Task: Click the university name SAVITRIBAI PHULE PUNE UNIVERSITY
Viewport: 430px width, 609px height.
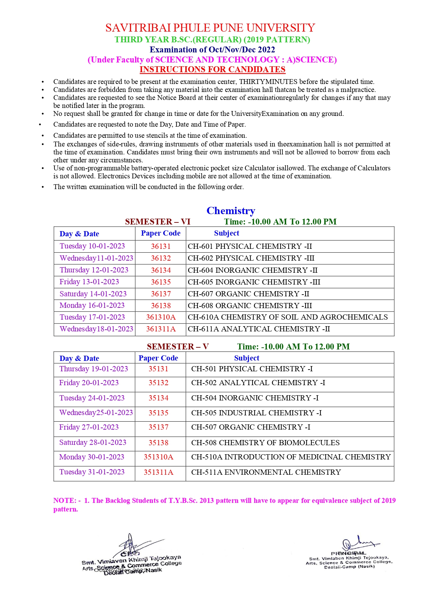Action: click(210, 28)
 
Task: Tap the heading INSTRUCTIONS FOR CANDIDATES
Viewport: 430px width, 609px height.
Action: click(212, 69)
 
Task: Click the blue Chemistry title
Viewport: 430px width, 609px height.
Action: click(231, 211)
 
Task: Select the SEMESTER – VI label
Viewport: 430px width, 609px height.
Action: click(158, 222)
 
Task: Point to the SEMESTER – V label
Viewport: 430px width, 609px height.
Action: click(178, 347)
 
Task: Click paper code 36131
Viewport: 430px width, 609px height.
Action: click(161, 246)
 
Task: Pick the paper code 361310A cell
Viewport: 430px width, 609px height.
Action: click(161, 317)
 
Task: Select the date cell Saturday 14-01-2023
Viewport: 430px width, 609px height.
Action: click(93, 294)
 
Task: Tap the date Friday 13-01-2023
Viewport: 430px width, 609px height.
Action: click(89, 282)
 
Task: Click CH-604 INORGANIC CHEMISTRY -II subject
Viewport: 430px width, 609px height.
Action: click(253, 270)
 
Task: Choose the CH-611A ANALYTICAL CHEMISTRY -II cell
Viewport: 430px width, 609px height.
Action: click(259, 329)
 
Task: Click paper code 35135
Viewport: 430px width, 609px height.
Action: click(158, 413)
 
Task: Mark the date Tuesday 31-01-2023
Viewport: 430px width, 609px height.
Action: click(92, 472)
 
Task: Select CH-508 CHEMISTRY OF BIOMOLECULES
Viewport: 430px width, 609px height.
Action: click(265, 443)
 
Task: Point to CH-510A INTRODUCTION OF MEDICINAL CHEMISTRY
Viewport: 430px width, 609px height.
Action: click(291, 457)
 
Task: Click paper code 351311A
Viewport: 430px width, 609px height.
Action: click(158, 472)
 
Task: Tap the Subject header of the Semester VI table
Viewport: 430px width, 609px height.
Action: click(227, 233)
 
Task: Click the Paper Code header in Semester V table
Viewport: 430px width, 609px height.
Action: click(158, 358)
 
